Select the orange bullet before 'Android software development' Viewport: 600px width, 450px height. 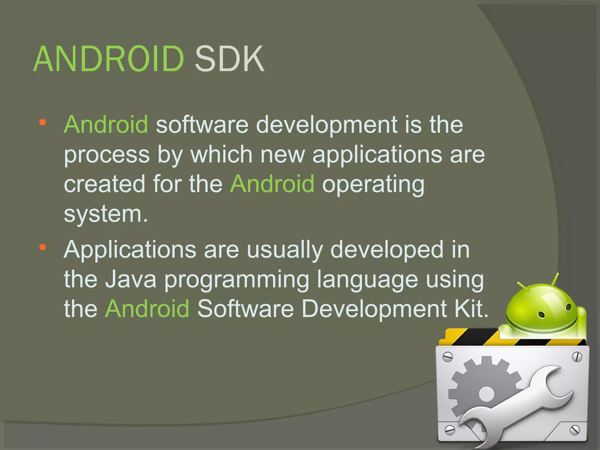tap(43, 122)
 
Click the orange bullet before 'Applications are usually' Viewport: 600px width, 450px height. tap(43, 248)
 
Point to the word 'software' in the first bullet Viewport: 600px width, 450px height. tap(202, 125)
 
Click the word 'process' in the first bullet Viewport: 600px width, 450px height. tap(107, 155)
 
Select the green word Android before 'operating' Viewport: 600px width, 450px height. tap(272, 184)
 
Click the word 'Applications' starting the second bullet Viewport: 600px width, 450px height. tap(130, 250)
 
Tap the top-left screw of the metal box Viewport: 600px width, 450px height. tap(448, 357)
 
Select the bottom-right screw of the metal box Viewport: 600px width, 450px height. tap(575, 430)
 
